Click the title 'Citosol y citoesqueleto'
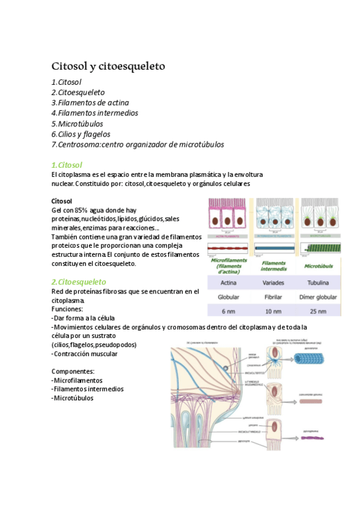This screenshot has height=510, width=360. click(x=108, y=66)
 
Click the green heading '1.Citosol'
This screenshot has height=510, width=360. click(x=67, y=164)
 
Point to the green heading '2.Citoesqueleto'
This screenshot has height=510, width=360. click(x=79, y=281)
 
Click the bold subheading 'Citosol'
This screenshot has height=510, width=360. click(x=62, y=200)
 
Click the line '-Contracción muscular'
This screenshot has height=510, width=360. click(x=85, y=354)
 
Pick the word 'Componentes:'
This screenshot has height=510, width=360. click(x=73, y=371)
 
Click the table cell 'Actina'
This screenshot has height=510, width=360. click(x=228, y=282)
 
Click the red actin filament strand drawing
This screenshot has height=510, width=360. click(x=230, y=247)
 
